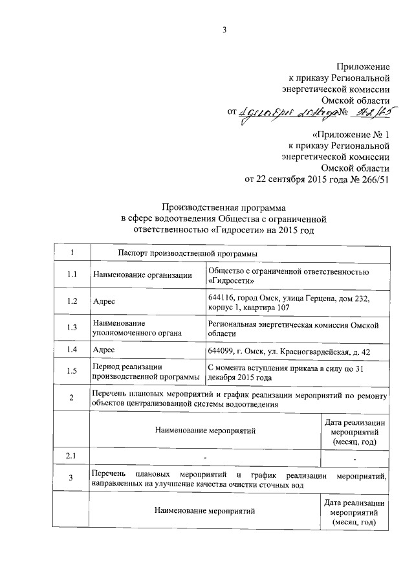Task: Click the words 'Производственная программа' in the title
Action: (217, 207)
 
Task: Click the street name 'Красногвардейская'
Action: (312, 351)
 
